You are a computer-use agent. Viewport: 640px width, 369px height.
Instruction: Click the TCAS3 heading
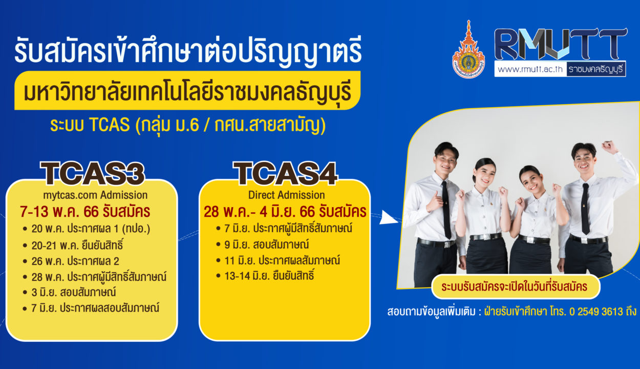click(92, 174)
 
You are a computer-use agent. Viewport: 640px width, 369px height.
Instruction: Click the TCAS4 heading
click(285, 174)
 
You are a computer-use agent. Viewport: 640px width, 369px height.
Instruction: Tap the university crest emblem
click(468, 50)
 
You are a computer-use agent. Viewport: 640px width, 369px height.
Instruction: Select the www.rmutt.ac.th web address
click(530, 69)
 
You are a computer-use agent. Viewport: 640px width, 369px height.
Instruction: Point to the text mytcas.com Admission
click(95, 195)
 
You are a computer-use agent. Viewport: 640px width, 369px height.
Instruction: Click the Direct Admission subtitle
click(286, 195)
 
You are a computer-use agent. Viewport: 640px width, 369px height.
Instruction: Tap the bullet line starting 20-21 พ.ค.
click(74, 245)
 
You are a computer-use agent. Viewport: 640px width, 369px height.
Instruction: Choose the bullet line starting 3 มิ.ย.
click(70, 292)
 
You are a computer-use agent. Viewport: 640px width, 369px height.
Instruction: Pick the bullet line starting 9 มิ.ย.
click(263, 245)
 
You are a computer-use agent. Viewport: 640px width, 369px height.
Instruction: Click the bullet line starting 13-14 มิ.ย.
click(265, 276)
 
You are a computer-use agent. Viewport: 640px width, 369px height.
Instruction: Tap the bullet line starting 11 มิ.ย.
click(278, 260)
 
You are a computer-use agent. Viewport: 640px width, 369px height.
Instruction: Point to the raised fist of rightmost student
click(609, 147)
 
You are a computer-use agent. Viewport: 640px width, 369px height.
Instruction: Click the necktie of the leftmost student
click(446, 210)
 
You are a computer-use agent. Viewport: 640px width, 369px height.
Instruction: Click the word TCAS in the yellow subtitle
click(110, 125)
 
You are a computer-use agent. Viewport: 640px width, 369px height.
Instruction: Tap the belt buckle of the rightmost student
click(584, 241)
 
